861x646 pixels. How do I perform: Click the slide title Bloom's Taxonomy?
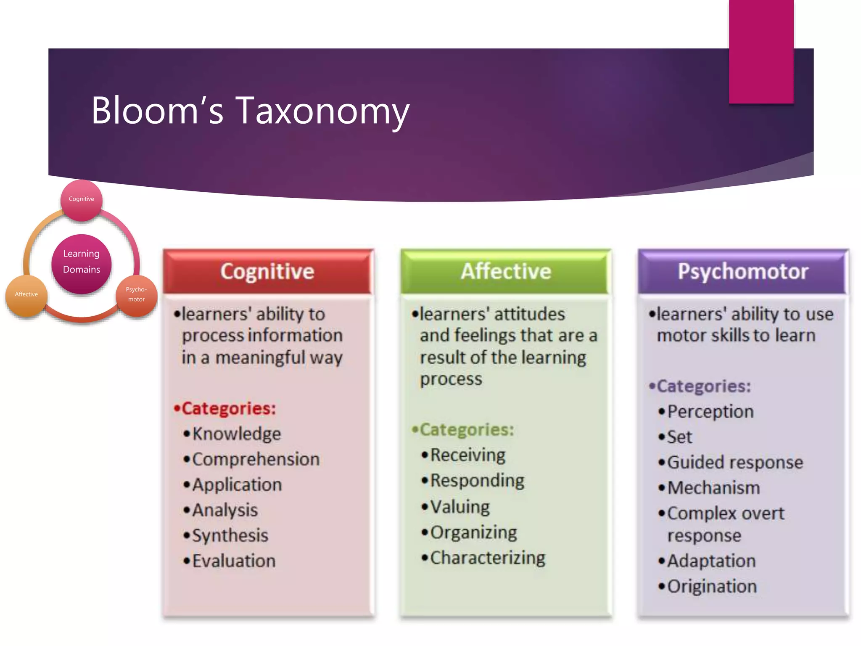(x=250, y=110)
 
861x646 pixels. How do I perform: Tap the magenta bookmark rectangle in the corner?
(x=761, y=51)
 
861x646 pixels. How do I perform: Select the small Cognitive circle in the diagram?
(x=82, y=199)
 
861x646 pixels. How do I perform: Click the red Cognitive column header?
(x=268, y=272)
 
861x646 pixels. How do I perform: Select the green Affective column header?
(x=506, y=272)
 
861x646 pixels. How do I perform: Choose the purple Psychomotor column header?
(x=743, y=272)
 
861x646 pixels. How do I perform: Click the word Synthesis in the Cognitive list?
(x=230, y=536)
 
